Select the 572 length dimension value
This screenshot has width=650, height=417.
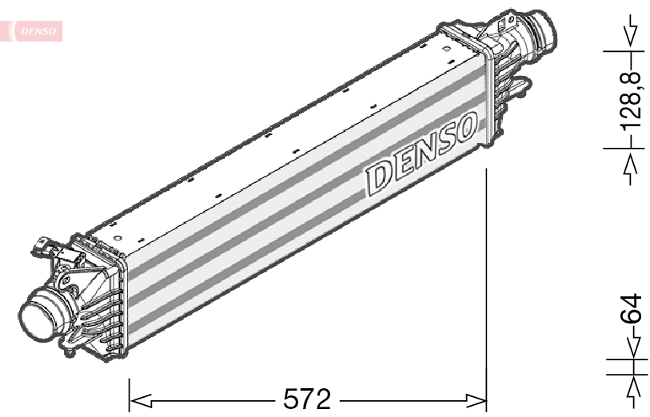tap(307, 398)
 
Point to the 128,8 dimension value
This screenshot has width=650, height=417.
tap(632, 100)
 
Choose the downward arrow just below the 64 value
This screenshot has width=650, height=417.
tap(632, 346)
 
